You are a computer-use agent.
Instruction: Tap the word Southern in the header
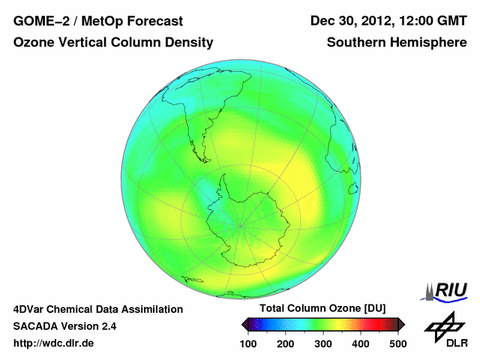point(355,43)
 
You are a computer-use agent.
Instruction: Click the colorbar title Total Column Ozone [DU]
point(322,309)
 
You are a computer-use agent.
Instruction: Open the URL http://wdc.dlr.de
point(54,343)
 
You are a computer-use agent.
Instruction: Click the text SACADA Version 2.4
point(64,326)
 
